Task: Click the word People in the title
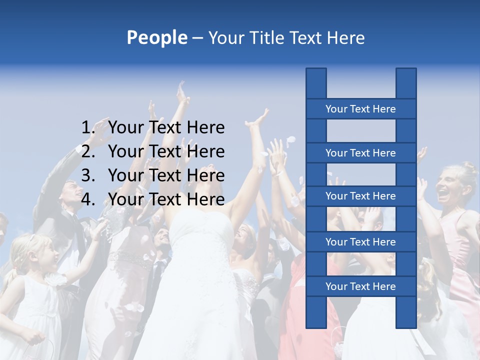click(156, 37)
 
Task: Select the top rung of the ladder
click(360, 109)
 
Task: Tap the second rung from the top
click(360, 153)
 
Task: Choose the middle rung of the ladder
click(360, 196)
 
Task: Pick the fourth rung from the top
click(360, 242)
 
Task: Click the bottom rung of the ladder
click(360, 286)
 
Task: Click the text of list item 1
click(166, 128)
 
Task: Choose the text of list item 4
click(166, 199)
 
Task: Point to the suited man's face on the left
click(73, 192)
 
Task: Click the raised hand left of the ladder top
click(259, 120)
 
